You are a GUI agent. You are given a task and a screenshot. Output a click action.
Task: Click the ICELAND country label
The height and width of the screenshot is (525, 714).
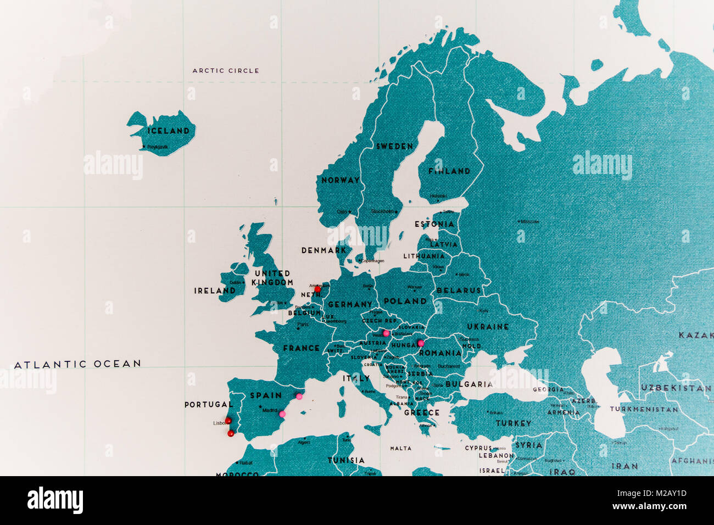coord(168,131)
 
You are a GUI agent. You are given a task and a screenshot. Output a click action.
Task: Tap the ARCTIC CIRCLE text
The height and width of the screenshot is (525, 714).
coord(226,70)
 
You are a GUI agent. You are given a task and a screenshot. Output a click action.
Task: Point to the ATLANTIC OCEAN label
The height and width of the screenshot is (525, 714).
coord(77,364)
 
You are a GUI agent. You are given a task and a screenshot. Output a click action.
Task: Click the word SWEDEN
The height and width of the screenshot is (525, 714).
coord(394,146)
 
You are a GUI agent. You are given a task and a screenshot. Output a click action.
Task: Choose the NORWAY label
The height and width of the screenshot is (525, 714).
coord(340,180)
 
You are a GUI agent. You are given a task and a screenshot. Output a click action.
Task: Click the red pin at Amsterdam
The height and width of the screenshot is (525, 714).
coord(317,289)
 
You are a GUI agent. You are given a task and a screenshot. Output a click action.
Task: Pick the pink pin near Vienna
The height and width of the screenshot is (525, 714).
coord(387,333)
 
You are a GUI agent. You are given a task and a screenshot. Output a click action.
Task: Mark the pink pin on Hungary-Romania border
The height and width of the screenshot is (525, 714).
coord(421,344)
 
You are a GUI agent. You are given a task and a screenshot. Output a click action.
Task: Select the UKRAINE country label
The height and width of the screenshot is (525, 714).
coord(488,326)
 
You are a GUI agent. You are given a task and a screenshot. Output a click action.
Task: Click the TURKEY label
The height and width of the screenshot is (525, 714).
coord(514,423)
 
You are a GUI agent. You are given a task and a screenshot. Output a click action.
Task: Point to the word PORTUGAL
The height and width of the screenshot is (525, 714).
coord(208,404)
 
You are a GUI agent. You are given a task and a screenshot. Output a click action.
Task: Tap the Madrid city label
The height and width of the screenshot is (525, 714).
coord(270,410)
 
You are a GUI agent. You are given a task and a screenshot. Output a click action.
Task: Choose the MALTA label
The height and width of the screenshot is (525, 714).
coord(400,448)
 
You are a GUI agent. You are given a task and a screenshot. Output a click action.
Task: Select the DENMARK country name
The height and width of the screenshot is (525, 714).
coord(324,250)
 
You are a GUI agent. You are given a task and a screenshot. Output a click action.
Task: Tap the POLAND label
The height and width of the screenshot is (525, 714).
coord(405,301)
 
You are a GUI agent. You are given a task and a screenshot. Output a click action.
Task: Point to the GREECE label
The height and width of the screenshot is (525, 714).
coord(422,412)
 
